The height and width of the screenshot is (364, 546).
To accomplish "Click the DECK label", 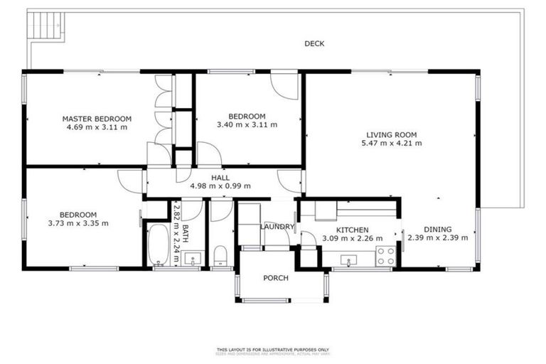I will coord(314,44).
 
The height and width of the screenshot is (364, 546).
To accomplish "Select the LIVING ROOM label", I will coord(391,134).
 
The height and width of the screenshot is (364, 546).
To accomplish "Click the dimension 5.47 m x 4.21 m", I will coord(391,143).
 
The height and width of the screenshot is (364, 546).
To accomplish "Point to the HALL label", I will coord(220,178).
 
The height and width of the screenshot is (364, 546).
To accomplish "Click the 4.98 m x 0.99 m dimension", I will coord(220,186).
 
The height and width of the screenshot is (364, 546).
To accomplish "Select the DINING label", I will coord(437,230).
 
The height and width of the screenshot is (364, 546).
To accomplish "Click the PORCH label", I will coord(276,278).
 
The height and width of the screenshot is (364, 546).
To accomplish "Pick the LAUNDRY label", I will coord(277,227).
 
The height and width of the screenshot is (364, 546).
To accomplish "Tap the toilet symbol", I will coord(220,255).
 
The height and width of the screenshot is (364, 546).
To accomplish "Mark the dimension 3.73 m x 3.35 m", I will coord(77,223).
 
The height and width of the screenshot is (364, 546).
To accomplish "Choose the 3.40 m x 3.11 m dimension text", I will coord(247,125).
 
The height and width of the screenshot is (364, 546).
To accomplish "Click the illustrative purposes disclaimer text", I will coord(273,350).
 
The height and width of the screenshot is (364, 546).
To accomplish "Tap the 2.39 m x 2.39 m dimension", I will coord(437,238).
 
